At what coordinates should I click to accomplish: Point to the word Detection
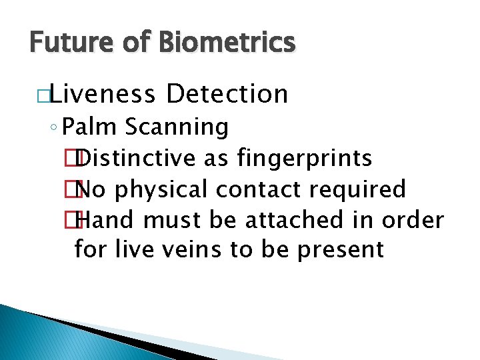(227, 94)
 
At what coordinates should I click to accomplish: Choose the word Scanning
(177, 126)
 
